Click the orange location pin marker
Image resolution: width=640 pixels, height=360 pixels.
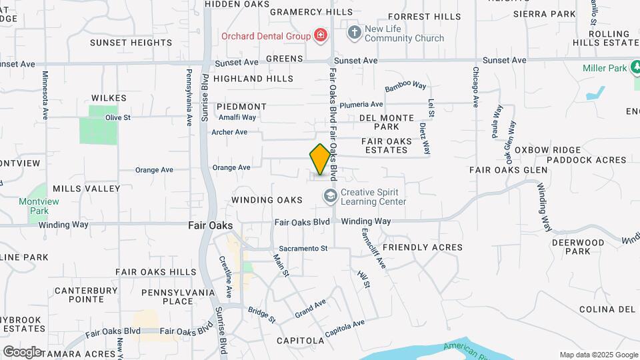tap(320, 160)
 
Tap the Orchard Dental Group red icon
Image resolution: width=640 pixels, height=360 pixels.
tap(321, 35)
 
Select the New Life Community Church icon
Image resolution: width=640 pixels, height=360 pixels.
tap(354, 32)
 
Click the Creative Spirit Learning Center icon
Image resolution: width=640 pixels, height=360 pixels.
tap(330, 196)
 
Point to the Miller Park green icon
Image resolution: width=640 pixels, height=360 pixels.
tap(637, 68)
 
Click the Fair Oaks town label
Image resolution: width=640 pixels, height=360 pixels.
tap(210, 225)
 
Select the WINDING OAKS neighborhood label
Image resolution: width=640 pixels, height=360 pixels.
tap(267, 200)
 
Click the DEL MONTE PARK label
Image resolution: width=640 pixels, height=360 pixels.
tap(388, 122)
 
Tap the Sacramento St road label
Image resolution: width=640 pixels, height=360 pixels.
tap(303, 248)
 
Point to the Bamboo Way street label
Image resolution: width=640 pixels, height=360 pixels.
tap(405, 86)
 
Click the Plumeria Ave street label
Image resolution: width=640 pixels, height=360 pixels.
tap(361, 105)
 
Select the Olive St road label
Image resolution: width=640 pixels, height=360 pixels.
tap(117, 117)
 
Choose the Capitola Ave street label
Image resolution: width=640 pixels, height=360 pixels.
tap(345, 327)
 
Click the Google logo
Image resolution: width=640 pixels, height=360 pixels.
tap(22, 351)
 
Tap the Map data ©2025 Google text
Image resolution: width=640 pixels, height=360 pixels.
tap(599, 355)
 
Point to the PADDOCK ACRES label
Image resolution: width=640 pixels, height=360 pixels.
tap(587, 160)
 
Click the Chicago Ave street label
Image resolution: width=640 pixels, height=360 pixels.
tap(476, 87)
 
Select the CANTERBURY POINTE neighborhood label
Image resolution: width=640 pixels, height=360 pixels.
tap(86, 295)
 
